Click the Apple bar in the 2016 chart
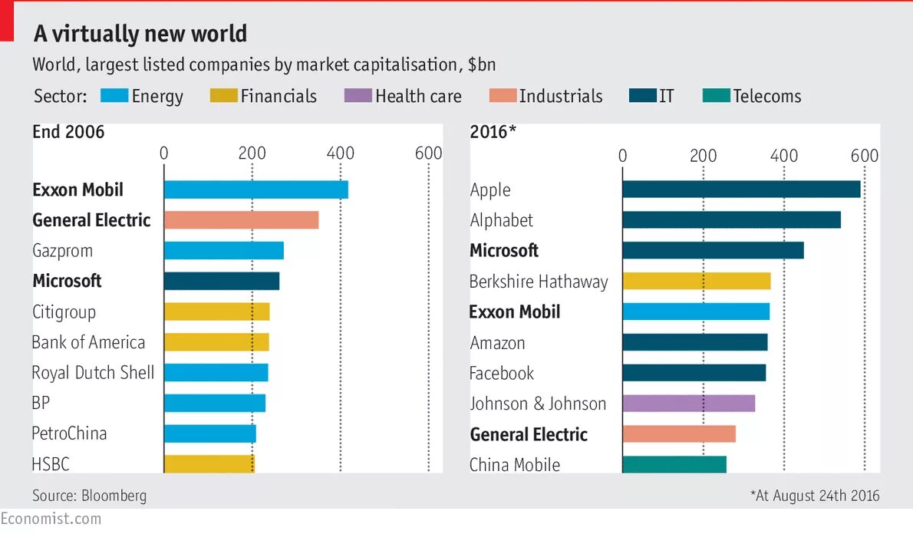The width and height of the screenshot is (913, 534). tap(741, 190)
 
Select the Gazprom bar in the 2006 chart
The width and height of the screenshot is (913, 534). tap(224, 251)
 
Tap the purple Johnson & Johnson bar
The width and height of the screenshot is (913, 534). tap(689, 404)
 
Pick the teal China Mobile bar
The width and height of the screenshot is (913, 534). tap(674, 465)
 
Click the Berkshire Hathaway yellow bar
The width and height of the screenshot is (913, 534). tap(697, 281)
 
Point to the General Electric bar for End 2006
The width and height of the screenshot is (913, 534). tap(241, 220)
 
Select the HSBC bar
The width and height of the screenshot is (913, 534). tap(209, 463)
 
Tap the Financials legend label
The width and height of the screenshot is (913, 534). tap(279, 96)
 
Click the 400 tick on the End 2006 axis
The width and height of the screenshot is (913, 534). tap(340, 153)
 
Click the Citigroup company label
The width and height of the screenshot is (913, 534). tap(64, 312)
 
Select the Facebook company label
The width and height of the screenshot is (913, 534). tap(502, 374)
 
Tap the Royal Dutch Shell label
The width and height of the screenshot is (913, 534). tap(93, 373)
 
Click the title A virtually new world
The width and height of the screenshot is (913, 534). tap(140, 34)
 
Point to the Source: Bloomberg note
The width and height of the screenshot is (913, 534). tap(89, 496)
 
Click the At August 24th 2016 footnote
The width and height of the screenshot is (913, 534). tap(815, 496)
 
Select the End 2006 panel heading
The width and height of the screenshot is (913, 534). tap(68, 132)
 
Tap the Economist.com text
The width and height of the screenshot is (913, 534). tap(51, 519)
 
